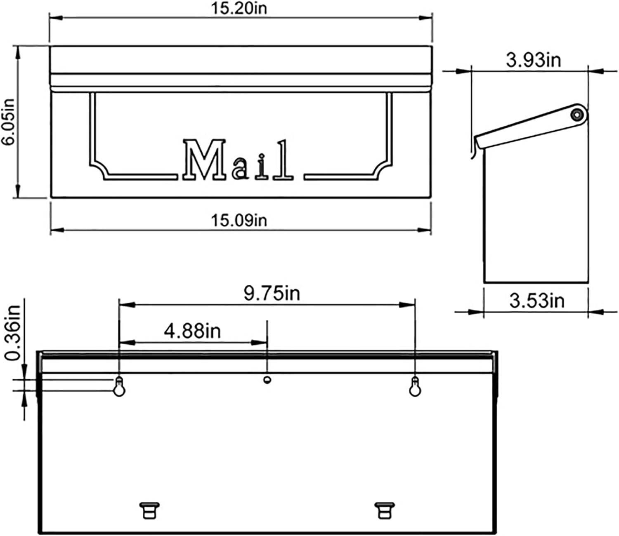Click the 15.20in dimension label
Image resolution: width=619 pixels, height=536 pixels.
(x=239, y=8)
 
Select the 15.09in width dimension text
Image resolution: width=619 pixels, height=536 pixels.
(x=239, y=220)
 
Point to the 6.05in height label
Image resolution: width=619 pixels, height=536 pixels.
(x=9, y=122)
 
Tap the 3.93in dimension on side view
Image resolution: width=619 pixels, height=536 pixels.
(x=534, y=60)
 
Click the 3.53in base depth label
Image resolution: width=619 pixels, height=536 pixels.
(x=536, y=301)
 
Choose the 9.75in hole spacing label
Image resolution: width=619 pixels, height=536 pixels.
(x=272, y=294)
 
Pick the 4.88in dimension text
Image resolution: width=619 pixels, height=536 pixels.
(x=192, y=331)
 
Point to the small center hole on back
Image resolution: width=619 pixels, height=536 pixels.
(x=267, y=379)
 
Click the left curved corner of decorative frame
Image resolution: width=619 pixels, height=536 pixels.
(x=99, y=169)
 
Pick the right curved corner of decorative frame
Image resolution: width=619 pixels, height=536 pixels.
(x=382, y=169)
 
